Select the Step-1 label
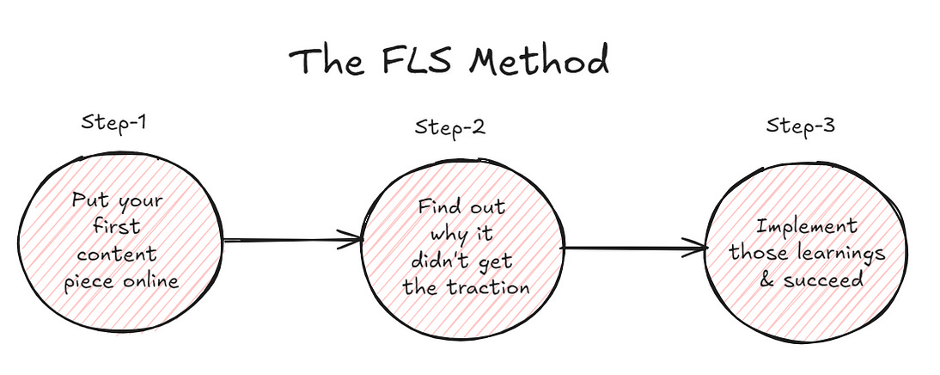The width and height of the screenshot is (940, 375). pyautogui.click(x=114, y=121)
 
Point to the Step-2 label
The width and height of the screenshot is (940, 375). pyautogui.click(x=449, y=128)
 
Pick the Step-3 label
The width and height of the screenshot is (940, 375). pyautogui.click(x=799, y=126)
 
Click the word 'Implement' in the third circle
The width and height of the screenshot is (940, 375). pyautogui.click(x=806, y=227)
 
